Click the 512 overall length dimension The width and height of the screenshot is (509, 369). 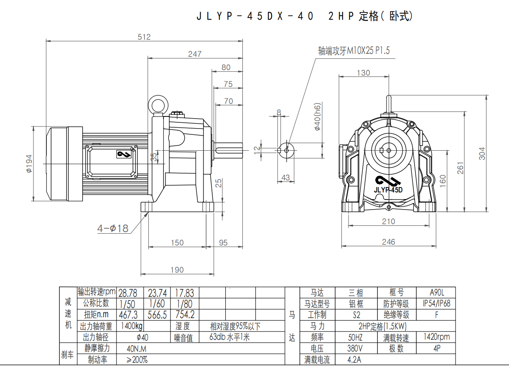pyautogui.click(x=144, y=37)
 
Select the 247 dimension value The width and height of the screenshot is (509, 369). pyautogui.click(x=194, y=54)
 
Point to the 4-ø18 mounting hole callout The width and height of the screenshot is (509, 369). pyautogui.click(x=112, y=228)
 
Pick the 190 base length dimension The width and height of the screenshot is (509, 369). pyautogui.click(x=177, y=270)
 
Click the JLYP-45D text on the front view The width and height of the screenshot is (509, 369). pyautogui.click(x=388, y=190)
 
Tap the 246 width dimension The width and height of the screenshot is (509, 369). pyautogui.click(x=388, y=242)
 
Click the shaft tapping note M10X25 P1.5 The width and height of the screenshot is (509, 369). pyautogui.click(x=354, y=51)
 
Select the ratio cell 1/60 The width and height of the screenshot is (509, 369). pyautogui.click(x=157, y=303)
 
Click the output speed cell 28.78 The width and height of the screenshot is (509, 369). pyautogui.click(x=130, y=293)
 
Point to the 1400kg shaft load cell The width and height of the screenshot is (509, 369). pyautogui.click(x=131, y=326)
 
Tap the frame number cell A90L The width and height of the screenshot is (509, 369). pyautogui.click(x=436, y=293)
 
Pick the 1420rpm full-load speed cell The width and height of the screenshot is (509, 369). pyautogui.click(x=436, y=337)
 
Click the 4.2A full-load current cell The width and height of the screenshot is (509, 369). pyautogui.click(x=355, y=359)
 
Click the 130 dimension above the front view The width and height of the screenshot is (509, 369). pyautogui.click(x=363, y=73)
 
